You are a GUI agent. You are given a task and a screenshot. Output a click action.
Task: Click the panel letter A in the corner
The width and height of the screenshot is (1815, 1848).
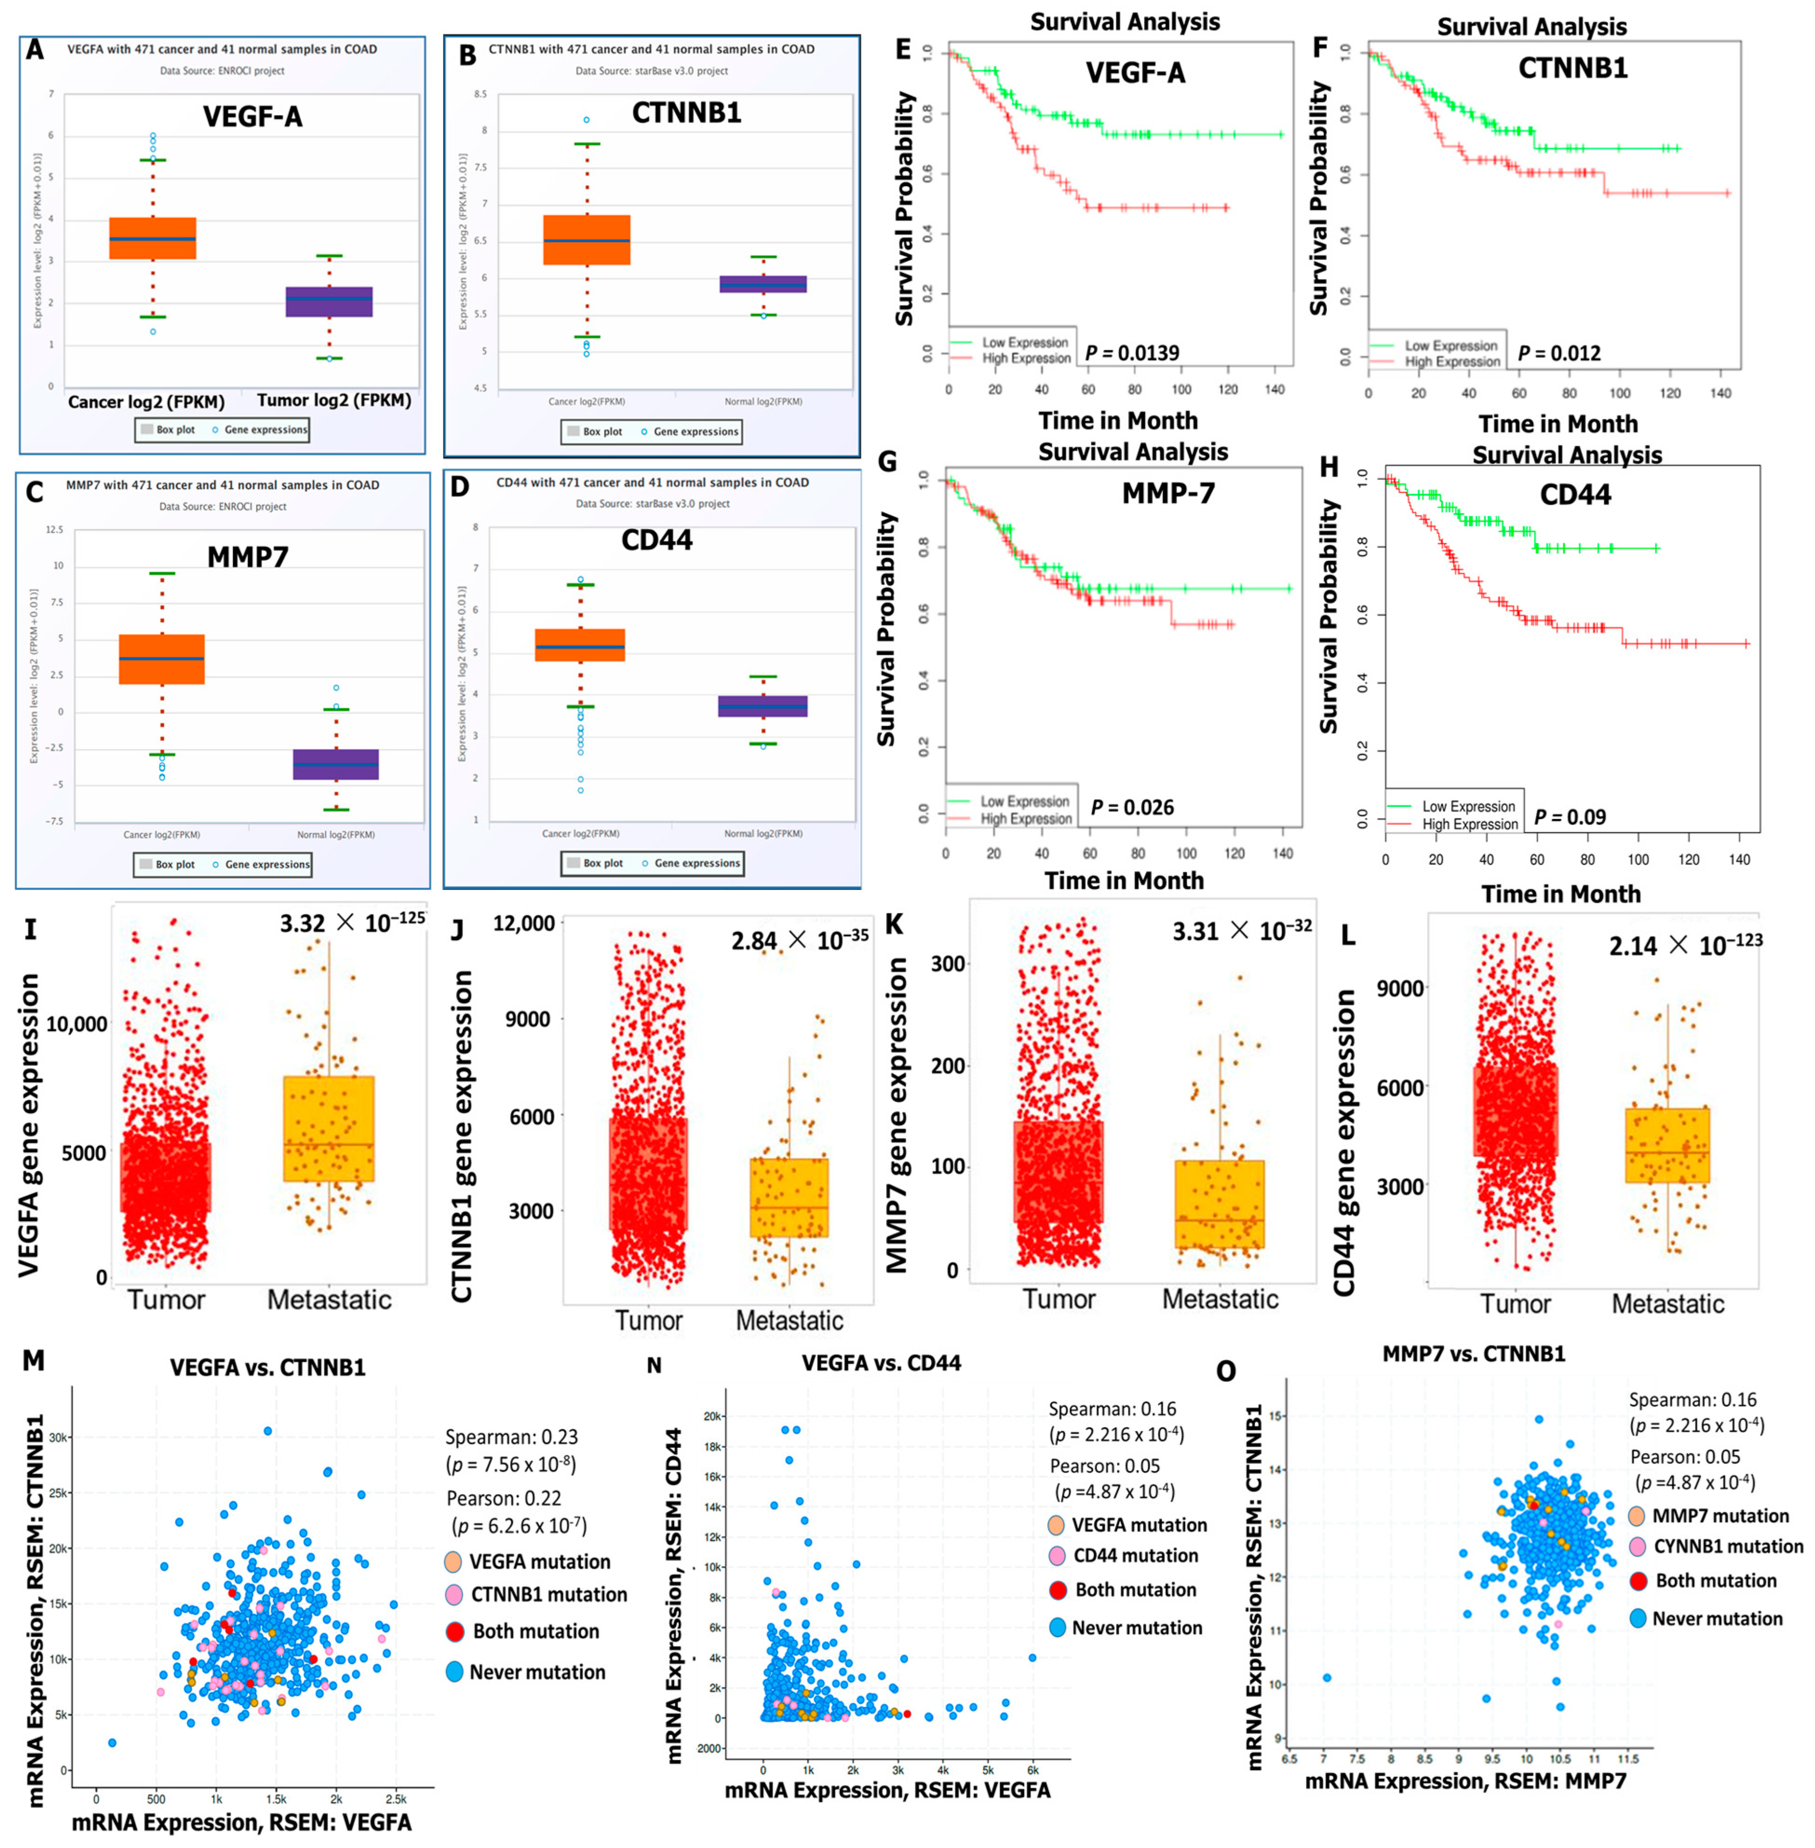coord(35,49)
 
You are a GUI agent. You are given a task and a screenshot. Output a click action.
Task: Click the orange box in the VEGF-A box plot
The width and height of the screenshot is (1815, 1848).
coord(152,238)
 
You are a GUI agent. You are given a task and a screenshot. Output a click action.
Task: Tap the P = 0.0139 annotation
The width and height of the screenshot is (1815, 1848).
coord(1132,353)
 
